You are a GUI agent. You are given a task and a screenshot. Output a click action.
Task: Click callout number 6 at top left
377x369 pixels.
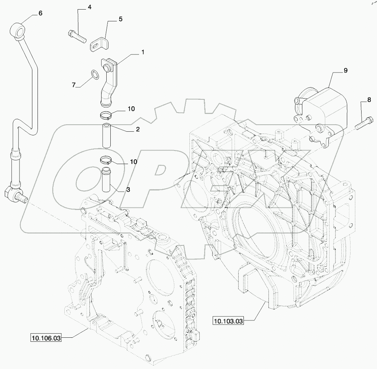[x=40, y=13]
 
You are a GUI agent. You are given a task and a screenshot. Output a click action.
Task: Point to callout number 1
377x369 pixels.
[x=143, y=52]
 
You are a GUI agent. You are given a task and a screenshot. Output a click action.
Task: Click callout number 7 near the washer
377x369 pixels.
[x=74, y=85]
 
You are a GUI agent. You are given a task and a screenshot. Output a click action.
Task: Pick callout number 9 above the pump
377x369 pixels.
[x=345, y=70]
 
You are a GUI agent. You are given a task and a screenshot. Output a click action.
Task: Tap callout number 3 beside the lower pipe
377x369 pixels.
[x=128, y=189]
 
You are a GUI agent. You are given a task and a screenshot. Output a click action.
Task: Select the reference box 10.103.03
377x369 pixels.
[x=228, y=321]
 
